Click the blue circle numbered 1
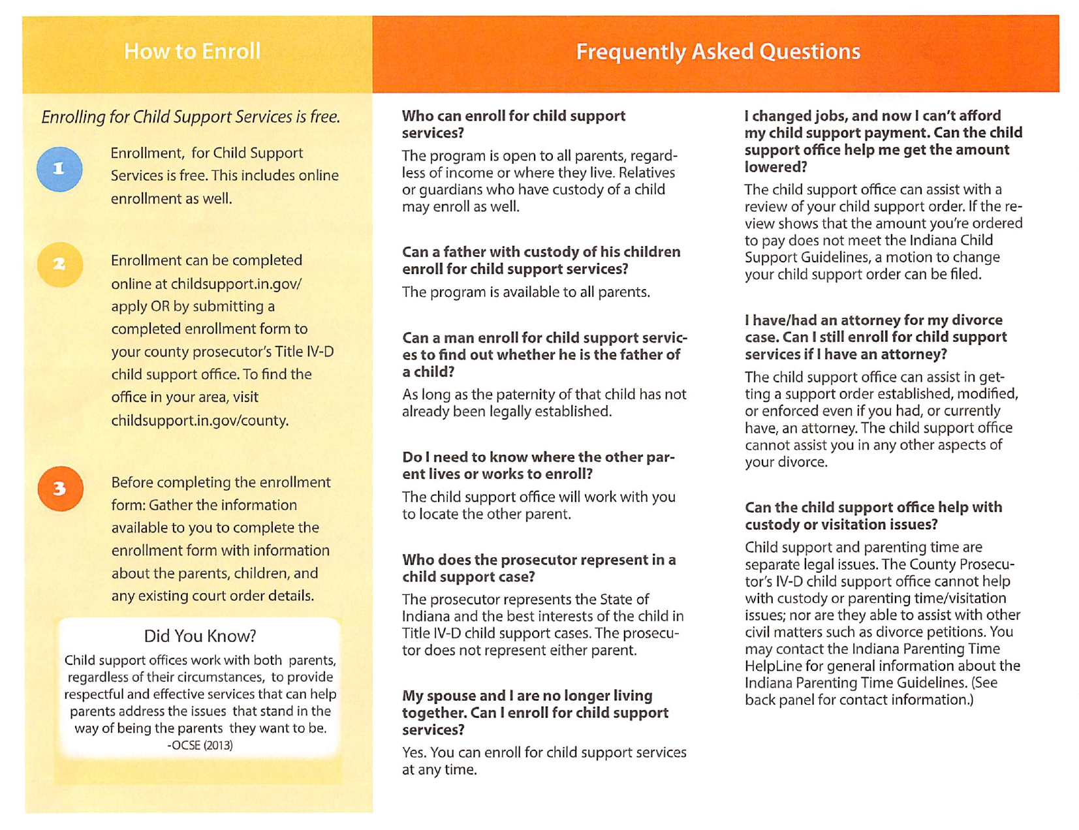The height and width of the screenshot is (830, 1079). pyautogui.click(x=59, y=169)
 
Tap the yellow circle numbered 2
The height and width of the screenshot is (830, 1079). pyautogui.click(x=60, y=265)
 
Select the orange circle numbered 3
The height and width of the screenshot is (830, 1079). pyautogui.click(x=60, y=489)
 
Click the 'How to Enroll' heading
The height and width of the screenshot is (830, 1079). pyautogui.click(x=193, y=51)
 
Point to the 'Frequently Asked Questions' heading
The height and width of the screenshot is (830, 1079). pyautogui.click(x=717, y=52)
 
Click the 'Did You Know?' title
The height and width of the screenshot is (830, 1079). pyautogui.click(x=200, y=636)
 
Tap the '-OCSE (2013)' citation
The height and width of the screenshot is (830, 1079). pyautogui.click(x=200, y=745)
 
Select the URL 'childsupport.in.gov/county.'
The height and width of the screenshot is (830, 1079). pyautogui.click(x=200, y=420)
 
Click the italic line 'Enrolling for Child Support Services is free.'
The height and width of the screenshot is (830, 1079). pyautogui.click(x=191, y=117)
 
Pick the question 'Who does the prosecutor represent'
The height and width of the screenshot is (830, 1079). pyautogui.click(x=539, y=568)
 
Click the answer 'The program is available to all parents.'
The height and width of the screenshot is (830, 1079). pyautogui.click(x=525, y=292)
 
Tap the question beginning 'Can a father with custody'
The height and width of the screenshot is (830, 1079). pyautogui.click(x=540, y=260)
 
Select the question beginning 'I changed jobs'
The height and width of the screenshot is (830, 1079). pyautogui.click(x=883, y=141)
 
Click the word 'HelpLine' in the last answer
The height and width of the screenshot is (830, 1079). pyautogui.click(x=774, y=666)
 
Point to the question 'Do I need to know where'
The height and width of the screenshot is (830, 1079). pyautogui.click(x=538, y=465)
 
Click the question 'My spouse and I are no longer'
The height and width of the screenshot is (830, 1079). pyautogui.click(x=535, y=713)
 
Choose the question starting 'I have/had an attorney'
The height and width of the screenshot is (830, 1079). pyautogui.click(x=875, y=337)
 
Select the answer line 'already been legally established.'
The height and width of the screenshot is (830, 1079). pyautogui.click(x=507, y=411)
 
